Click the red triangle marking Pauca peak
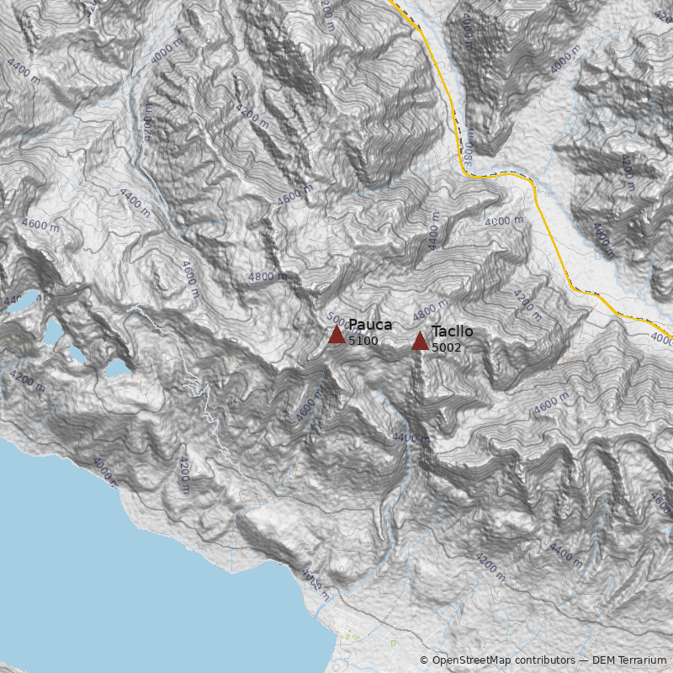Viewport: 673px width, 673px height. click(336, 335)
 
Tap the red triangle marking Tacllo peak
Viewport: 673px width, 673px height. click(420, 341)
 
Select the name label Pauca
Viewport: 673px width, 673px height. click(370, 326)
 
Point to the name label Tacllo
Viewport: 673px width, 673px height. click(452, 331)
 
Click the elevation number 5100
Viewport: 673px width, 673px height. click(363, 342)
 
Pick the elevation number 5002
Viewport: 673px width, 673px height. click(447, 347)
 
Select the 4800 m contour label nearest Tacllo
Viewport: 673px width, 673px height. click(430, 311)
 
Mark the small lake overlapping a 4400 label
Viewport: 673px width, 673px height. click(21, 300)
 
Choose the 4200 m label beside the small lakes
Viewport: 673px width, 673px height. click(29, 381)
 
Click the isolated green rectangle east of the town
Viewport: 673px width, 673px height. click(393, 644)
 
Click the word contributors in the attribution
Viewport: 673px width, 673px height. click(545, 660)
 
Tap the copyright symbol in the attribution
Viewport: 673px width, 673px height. click(424, 660)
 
